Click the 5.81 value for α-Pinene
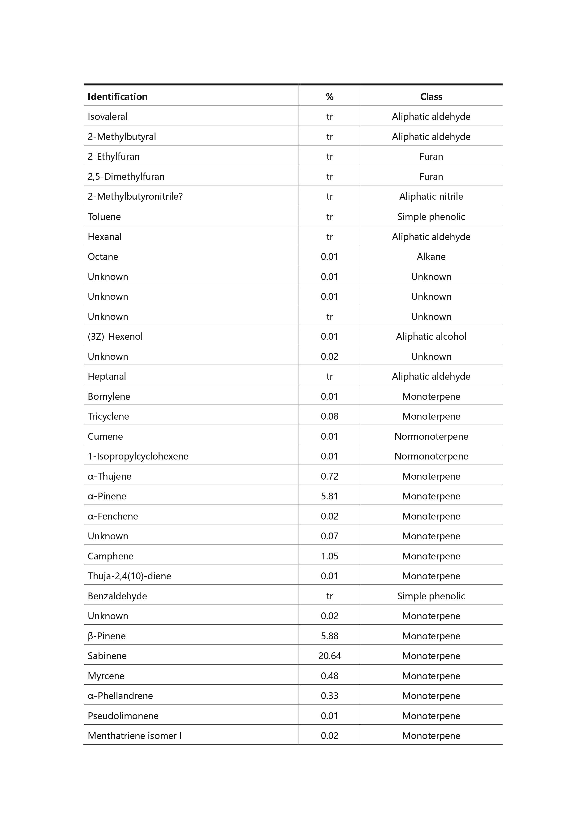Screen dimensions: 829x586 329,496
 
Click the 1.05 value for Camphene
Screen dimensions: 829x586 329,556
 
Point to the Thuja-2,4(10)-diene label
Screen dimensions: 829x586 129,576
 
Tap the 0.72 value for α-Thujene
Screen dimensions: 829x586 329,476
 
